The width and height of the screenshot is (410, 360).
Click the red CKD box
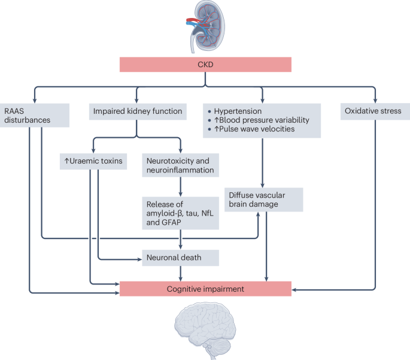(x=205, y=64)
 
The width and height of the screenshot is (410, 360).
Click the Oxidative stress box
(x=375, y=111)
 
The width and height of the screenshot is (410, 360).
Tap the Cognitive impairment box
(x=205, y=289)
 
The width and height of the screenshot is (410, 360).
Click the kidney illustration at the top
(x=205, y=26)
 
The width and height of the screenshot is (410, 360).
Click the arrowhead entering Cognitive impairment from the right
(x=295, y=290)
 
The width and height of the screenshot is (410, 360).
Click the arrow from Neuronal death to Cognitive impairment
(x=180, y=273)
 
